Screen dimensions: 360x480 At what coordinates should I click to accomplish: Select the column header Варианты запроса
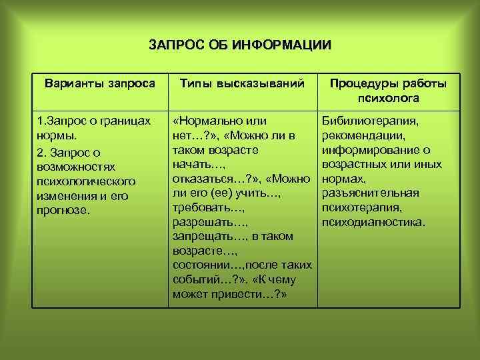[99, 84]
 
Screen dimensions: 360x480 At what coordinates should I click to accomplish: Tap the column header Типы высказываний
[243, 84]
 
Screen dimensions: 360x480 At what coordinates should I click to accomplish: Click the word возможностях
[77, 165]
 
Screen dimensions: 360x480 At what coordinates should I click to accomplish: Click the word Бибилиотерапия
[370, 121]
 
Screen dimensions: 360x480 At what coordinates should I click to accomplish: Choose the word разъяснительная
[370, 193]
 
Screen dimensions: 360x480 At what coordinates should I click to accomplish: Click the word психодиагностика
[373, 222]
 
